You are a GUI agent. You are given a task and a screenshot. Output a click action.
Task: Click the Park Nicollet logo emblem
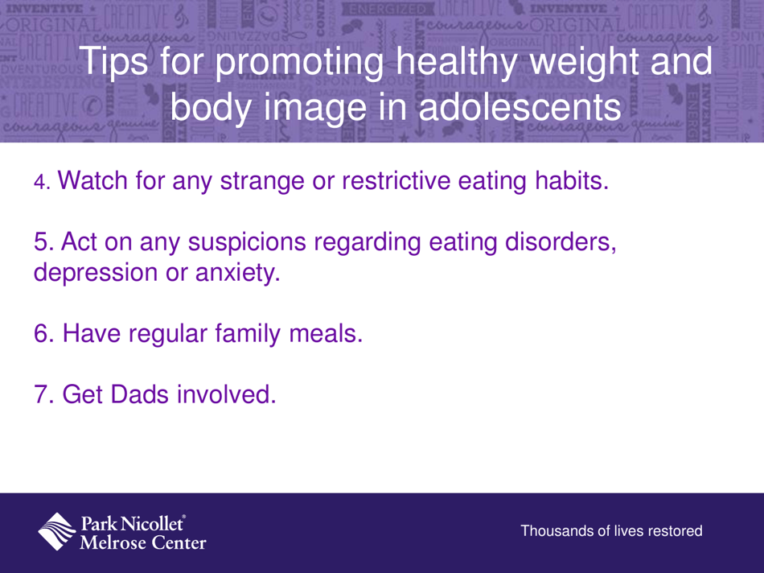point(59,531)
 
